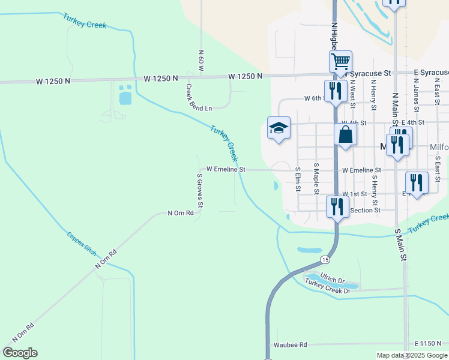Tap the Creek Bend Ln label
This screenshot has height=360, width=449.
click(199, 98)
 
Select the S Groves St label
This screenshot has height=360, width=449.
click(200, 191)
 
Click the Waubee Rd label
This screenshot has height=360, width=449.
click(290, 345)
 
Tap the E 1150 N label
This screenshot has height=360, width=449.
click(427, 343)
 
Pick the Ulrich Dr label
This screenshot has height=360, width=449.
click(332, 279)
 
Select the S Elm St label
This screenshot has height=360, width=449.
click(297, 178)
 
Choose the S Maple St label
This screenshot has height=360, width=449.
click(316, 175)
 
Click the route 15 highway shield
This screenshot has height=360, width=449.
click(325, 259)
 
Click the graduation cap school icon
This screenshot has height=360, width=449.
click(279, 127)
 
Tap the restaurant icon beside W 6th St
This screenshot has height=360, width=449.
click(336, 91)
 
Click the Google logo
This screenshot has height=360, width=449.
click(20, 353)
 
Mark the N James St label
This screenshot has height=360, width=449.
click(415, 94)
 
